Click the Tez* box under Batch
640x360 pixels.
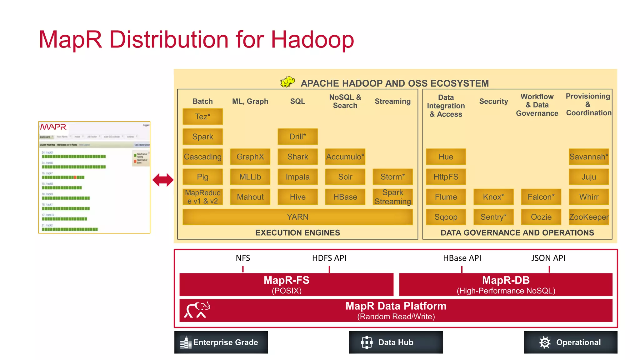202,117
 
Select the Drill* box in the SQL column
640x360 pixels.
297,137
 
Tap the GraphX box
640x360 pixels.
250,157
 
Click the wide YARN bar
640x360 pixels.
297,217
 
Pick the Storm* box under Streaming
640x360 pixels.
392,177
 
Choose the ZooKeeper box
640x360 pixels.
589,217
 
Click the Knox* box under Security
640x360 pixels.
493,197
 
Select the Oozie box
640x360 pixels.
541,217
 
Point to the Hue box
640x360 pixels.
446,157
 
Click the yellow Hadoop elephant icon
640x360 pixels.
287,82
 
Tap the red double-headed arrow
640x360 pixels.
163,180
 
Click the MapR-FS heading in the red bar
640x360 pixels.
286,280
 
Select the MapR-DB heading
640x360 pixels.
506,280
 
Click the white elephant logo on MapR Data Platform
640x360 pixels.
197,310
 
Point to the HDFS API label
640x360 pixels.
329,258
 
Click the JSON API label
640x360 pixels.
548,258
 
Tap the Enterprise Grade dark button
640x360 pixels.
221,342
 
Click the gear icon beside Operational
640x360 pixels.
545,342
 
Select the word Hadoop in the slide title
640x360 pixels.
312,40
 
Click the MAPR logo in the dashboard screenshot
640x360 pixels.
53,127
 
